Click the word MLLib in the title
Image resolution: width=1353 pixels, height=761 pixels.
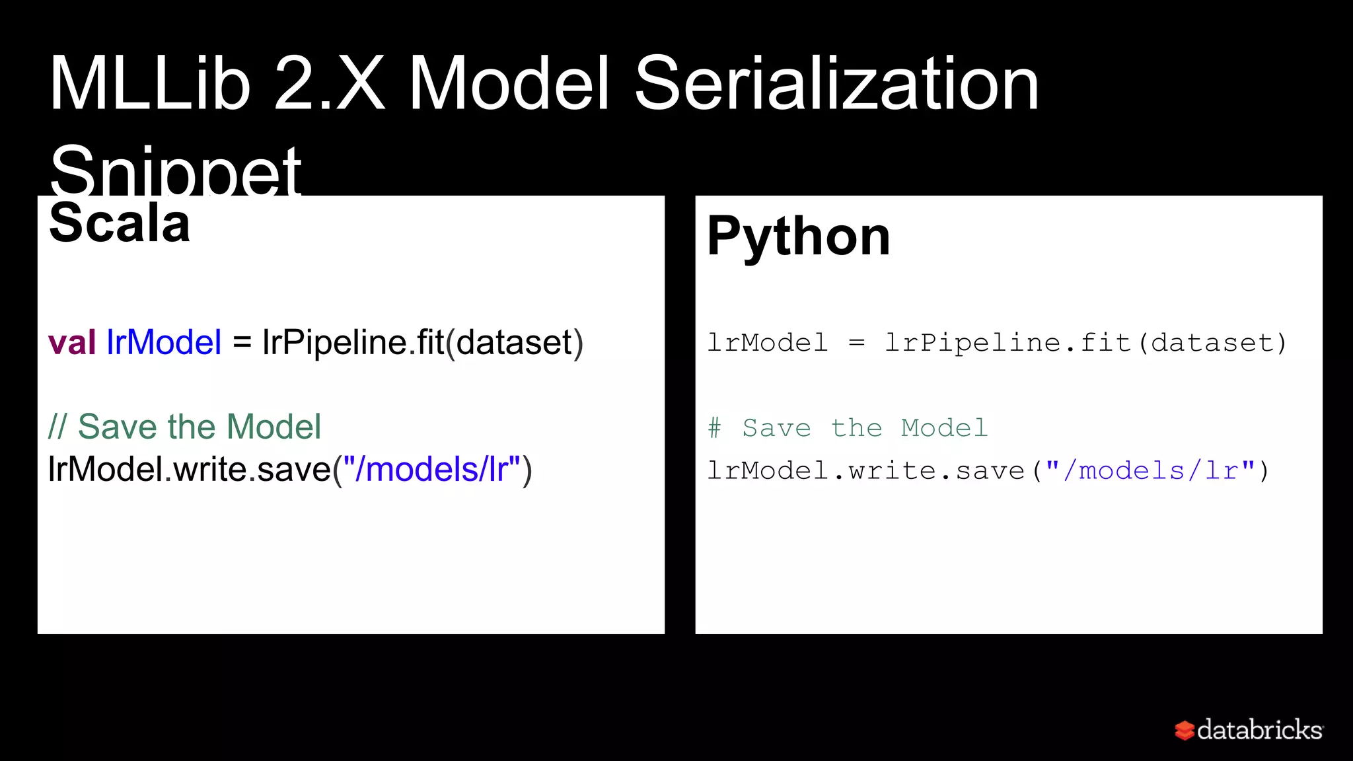click(150, 85)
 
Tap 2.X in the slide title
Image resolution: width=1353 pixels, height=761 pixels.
click(329, 85)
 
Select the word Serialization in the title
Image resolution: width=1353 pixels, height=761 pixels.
click(836, 85)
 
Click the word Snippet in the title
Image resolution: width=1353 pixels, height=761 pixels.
click(176, 170)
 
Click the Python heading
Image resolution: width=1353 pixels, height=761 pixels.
click(799, 236)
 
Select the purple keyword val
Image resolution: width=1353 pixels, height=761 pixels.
click(72, 342)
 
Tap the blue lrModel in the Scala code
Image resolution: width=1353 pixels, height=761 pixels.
click(164, 342)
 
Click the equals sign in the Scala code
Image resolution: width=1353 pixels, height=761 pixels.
click(242, 342)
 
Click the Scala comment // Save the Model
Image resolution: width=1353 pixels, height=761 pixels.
click(184, 426)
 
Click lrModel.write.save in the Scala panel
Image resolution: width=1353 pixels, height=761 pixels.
click(190, 470)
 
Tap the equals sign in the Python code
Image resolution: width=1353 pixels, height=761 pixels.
click(856, 343)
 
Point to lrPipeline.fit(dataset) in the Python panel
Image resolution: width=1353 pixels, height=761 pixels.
click(1086, 343)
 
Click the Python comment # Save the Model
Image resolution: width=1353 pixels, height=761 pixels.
click(848, 428)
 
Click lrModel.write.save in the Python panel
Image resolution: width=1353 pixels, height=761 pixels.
click(866, 471)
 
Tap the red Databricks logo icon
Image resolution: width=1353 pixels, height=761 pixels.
click(1184, 730)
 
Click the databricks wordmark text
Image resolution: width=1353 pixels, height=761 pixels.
click(1260, 730)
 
